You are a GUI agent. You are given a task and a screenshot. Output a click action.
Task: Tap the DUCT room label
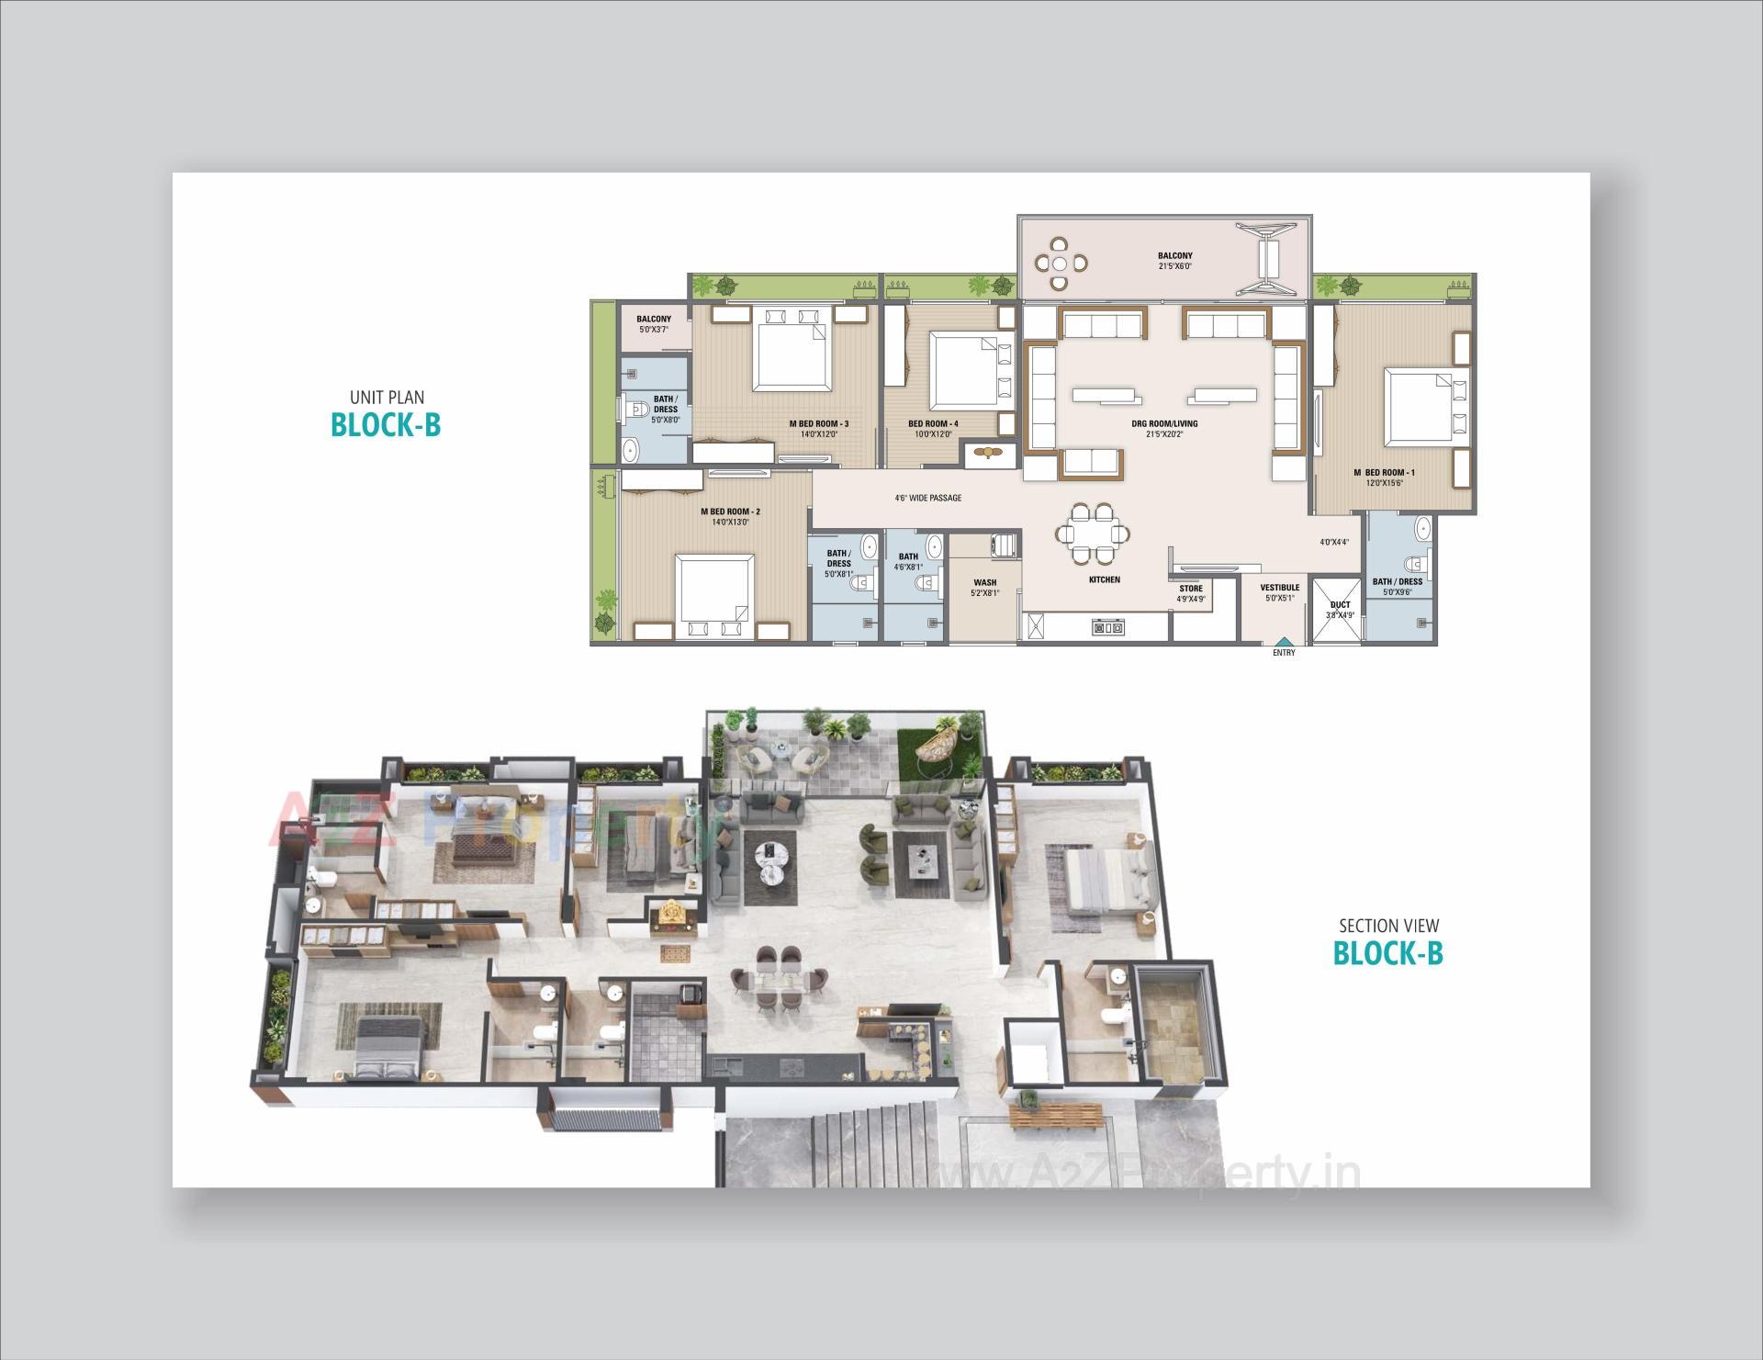coord(1341,605)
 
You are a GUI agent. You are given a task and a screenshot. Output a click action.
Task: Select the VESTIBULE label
coord(1279,588)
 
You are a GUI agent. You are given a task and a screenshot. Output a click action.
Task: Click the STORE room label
coord(1191,589)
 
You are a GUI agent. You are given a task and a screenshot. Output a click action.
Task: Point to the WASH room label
coord(984,582)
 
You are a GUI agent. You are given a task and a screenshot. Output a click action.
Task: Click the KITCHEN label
coord(1105,579)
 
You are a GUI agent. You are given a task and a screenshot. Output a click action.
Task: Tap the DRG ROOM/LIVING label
coord(1164,424)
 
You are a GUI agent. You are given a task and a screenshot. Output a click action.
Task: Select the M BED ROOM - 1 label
coord(1384,473)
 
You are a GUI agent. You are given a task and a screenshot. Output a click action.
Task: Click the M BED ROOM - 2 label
coord(731,511)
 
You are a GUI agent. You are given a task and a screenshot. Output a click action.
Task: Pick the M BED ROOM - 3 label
coord(818,424)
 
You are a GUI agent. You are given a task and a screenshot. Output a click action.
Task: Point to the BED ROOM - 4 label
coord(933,424)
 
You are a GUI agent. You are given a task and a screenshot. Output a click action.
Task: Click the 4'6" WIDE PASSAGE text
coord(928,498)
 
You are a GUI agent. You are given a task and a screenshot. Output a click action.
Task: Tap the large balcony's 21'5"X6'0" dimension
coord(1174,266)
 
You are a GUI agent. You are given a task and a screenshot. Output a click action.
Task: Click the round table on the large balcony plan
coord(1061,263)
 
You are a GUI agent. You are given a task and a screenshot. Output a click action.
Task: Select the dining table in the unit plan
coord(1093,533)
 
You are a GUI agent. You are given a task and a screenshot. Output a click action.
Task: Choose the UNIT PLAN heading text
coord(387,398)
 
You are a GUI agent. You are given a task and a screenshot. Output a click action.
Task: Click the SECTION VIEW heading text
coord(1388,926)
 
